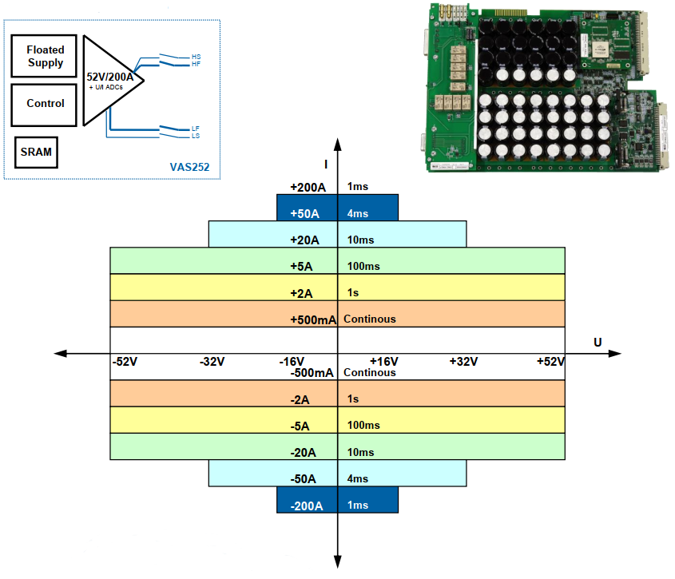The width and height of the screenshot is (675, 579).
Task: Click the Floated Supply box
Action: coord(45,57)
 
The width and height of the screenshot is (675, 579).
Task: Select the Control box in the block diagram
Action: coord(45,104)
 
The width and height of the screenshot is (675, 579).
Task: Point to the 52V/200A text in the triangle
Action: coord(109,77)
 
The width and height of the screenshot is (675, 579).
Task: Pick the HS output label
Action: coord(196,57)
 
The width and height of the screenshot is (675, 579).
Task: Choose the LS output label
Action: coord(196,136)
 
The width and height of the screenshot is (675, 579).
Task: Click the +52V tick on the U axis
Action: coord(550,362)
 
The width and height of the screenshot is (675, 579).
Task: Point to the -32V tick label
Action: coord(212,362)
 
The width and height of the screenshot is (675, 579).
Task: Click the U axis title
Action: coord(598,342)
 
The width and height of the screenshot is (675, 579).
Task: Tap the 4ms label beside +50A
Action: coord(358,213)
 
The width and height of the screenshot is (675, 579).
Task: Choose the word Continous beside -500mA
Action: coord(369,373)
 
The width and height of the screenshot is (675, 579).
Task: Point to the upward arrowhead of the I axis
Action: coord(338,143)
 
